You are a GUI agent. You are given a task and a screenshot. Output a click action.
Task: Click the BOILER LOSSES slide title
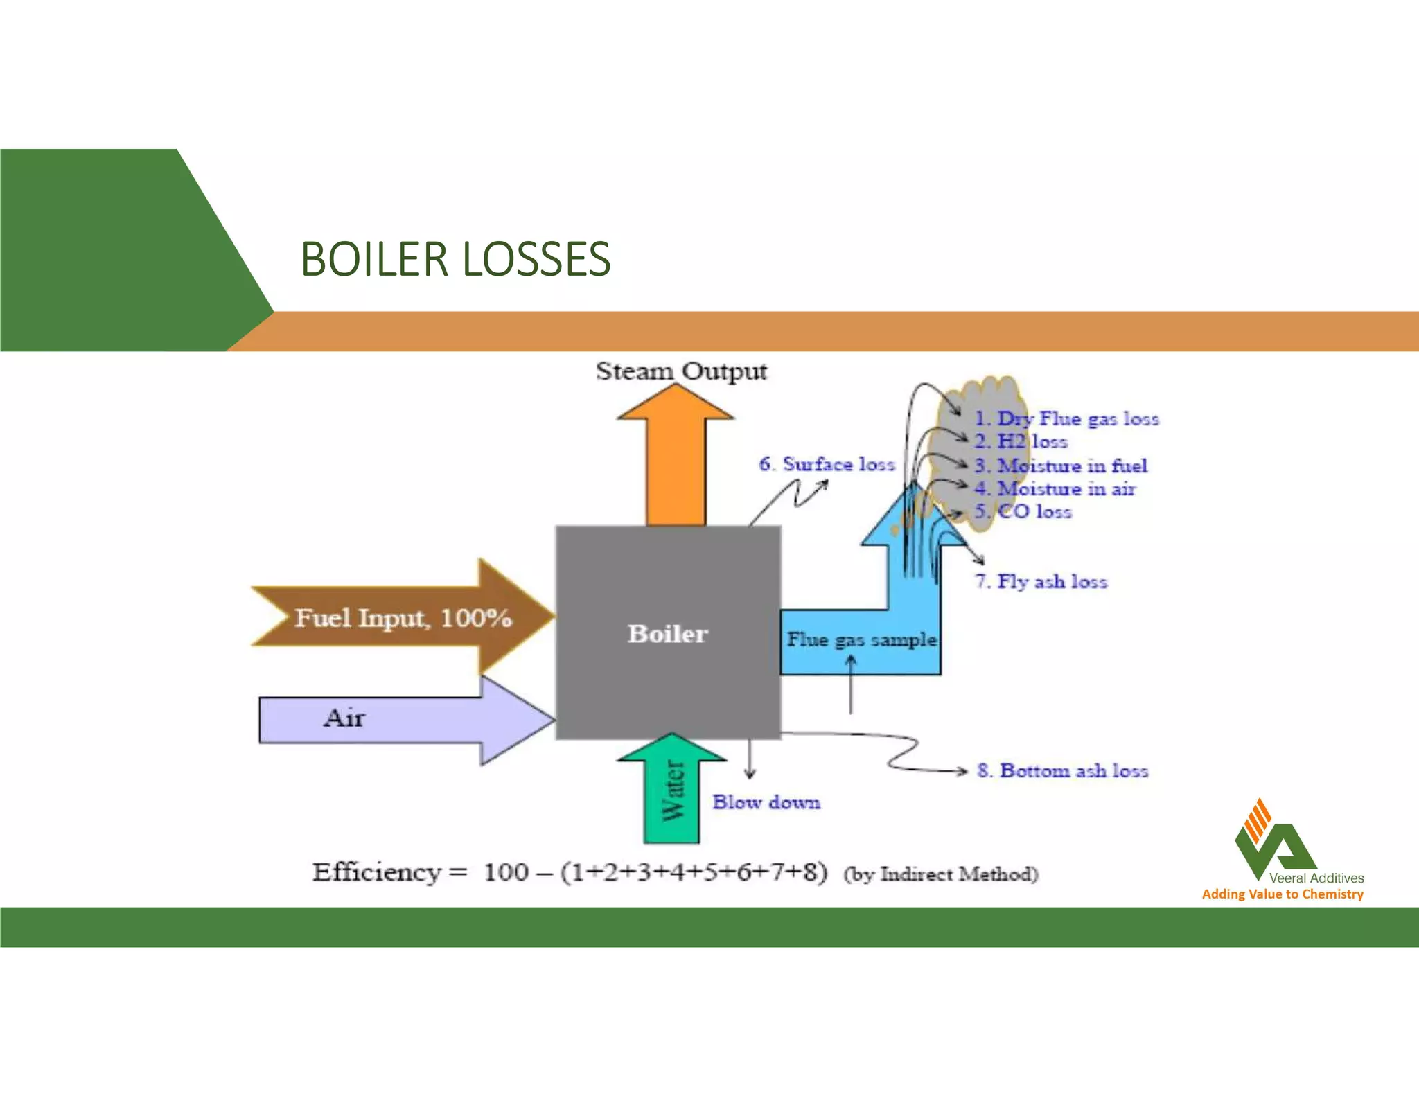(455, 259)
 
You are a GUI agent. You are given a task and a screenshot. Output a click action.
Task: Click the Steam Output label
(681, 371)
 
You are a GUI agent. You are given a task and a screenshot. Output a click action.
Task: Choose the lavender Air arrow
(388, 721)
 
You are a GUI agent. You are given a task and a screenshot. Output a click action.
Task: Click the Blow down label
(766, 802)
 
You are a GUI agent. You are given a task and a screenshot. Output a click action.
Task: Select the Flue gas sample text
(861, 639)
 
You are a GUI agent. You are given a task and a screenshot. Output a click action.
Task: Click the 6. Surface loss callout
(827, 464)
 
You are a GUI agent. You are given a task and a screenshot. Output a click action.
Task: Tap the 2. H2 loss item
(1021, 441)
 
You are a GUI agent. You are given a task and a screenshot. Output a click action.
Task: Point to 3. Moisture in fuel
(1061, 466)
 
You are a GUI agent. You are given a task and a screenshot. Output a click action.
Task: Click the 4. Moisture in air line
(1055, 488)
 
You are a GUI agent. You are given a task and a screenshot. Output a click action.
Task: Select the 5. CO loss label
(1023, 511)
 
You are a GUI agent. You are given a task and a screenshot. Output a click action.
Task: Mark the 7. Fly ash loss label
(1041, 581)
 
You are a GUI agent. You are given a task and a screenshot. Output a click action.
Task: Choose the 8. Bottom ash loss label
(1063, 770)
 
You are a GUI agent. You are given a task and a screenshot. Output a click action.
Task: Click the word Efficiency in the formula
(376, 872)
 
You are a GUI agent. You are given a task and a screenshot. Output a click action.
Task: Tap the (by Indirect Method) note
(940, 874)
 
